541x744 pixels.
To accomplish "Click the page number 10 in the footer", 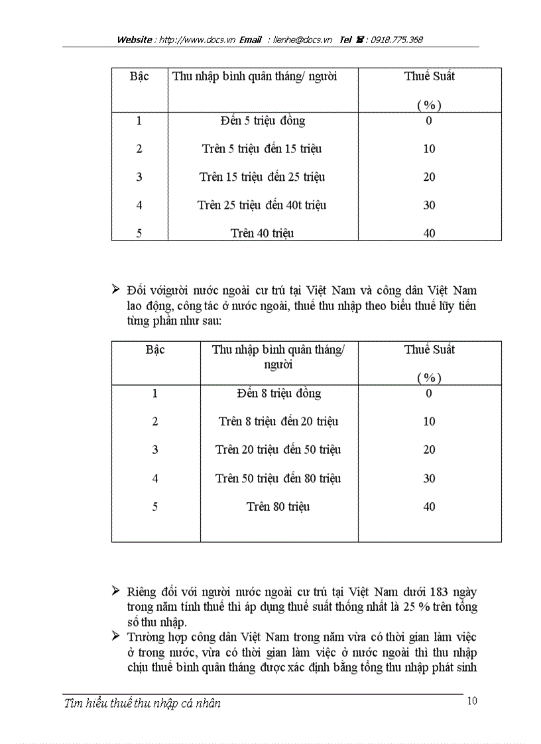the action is click(x=472, y=701).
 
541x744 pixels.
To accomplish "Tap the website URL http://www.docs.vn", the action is click(x=196, y=40).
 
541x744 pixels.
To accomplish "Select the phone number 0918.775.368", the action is click(x=396, y=40).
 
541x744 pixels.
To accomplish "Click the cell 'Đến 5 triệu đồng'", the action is click(x=263, y=121).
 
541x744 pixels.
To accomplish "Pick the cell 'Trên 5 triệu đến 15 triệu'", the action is click(x=262, y=149).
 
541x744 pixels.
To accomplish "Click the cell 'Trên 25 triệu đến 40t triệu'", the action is click(x=262, y=205).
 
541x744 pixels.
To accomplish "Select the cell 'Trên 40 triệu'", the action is click(x=262, y=233).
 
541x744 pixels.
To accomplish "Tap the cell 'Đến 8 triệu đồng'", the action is click(x=278, y=394).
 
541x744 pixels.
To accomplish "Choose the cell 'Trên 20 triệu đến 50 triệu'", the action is click(x=278, y=450).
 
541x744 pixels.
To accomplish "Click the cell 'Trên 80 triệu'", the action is click(x=278, y=507).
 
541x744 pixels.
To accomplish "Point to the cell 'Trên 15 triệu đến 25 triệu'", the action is click(x=262, y=177).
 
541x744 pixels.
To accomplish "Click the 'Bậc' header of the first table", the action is click(x=139, y=76).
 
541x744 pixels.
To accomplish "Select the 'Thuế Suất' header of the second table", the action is click(x=430, y=350).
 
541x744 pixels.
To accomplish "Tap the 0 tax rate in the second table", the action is click(x=429, y=394).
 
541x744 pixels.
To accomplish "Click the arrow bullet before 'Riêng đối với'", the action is click(x=116, y=591).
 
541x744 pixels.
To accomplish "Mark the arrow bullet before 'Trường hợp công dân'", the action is click(x=116, y=637).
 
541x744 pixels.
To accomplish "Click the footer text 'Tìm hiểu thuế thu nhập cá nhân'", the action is click(x=143, y=704).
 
